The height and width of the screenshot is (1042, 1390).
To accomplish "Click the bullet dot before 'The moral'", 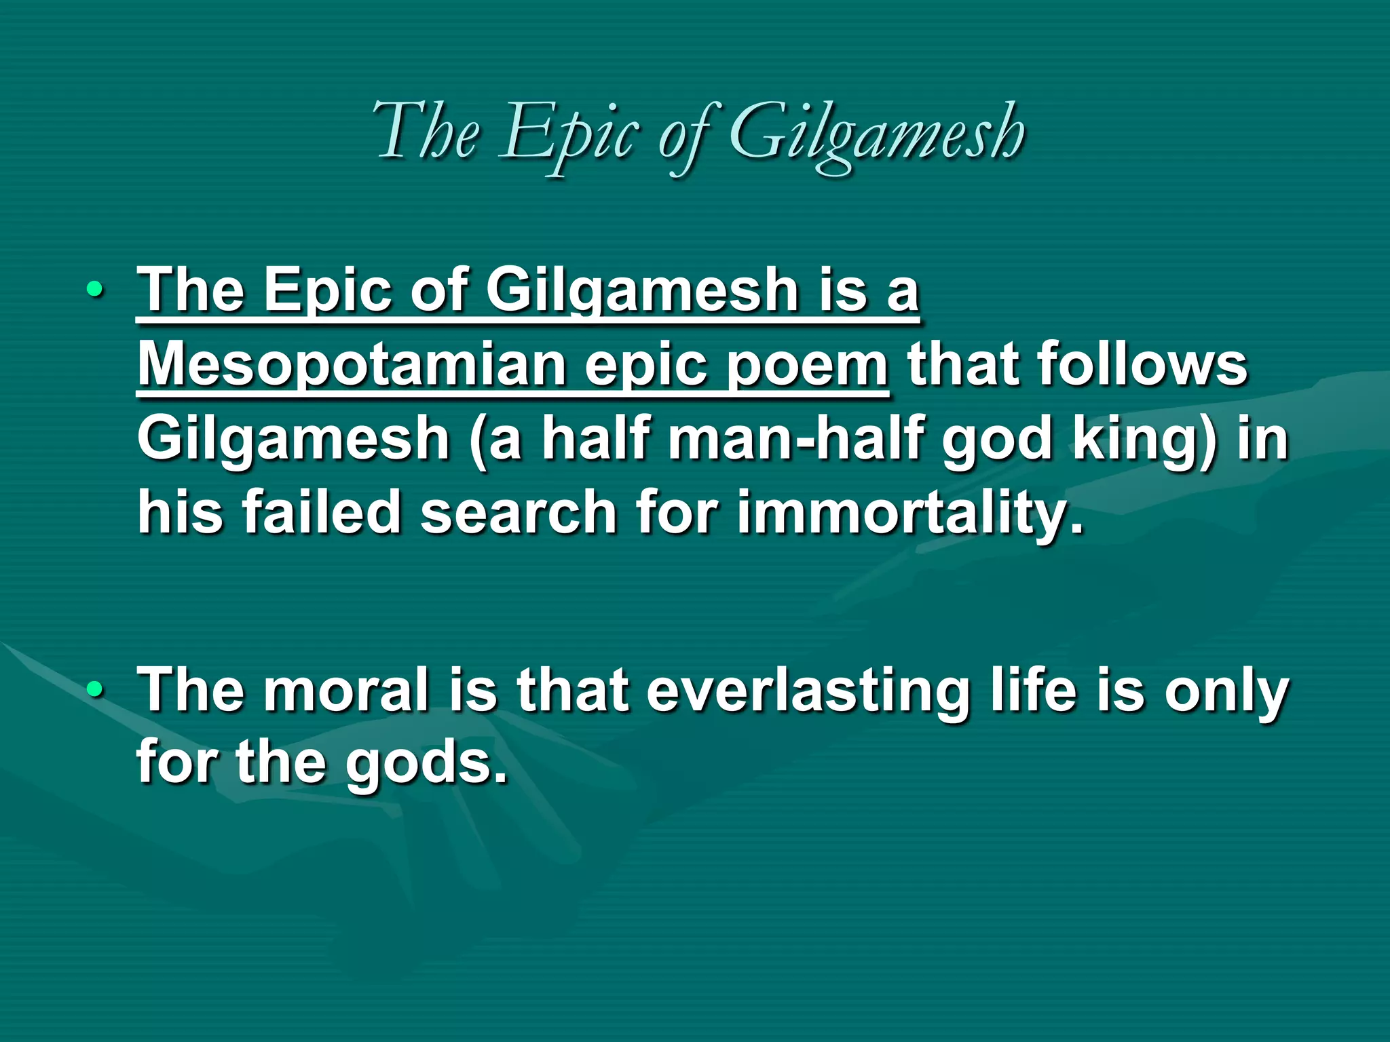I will tap(96, 691).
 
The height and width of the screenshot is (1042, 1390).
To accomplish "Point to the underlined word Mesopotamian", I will tap(352, 364).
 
